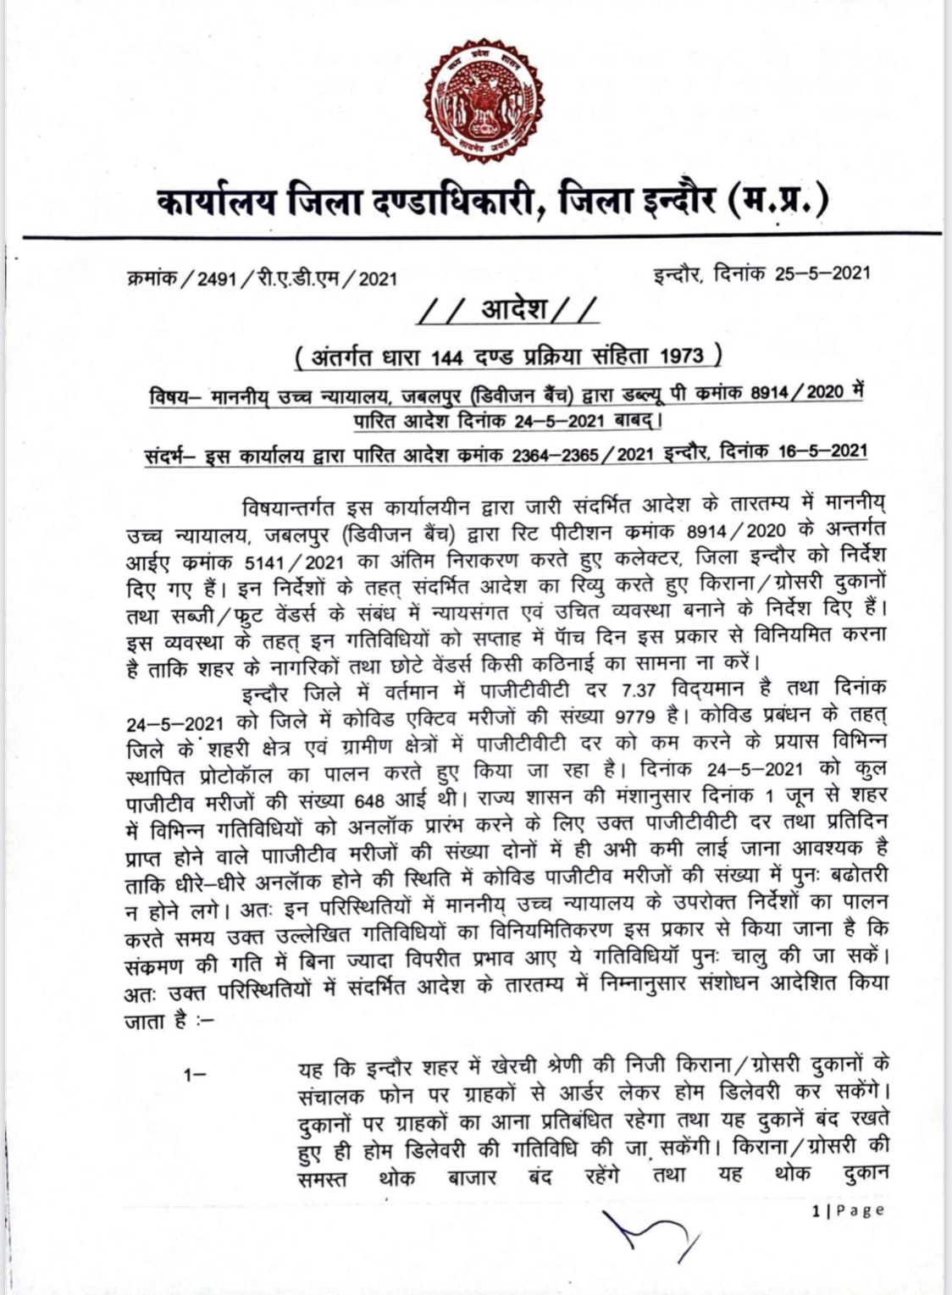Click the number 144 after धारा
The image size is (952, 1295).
(x=446, y=357)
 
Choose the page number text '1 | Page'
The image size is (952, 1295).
(x=848, y=1210)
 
